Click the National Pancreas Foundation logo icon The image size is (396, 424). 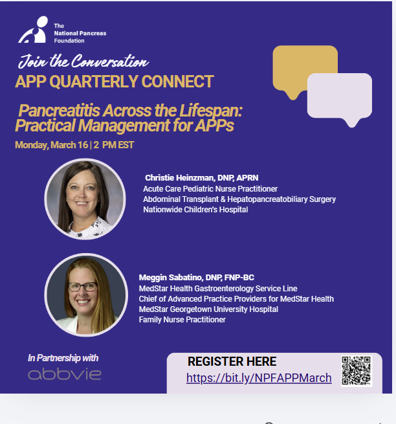coord(34,30)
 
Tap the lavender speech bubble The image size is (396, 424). coord(340,97)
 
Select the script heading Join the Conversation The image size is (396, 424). coord(83,61)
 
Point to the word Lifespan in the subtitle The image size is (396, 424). coord(211,111)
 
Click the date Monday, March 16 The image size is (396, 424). coord(51,145)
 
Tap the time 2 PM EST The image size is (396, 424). coord(114,145)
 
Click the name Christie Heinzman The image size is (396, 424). coord(180,177)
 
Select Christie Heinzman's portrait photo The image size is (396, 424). coord(85,199)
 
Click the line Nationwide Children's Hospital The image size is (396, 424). coord(195,210)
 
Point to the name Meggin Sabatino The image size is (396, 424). coord(171,278)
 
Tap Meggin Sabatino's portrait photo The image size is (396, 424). coord(86,295)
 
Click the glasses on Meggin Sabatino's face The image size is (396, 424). coord(82,287)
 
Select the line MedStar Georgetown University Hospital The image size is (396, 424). coord(208,309)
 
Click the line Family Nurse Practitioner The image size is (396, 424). coord(182,320)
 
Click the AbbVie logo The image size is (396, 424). coord(65,374)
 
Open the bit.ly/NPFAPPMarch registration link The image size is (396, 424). coord(259,378)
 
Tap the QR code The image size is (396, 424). coord(357,371)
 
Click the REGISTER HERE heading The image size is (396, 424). coord(232,362)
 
